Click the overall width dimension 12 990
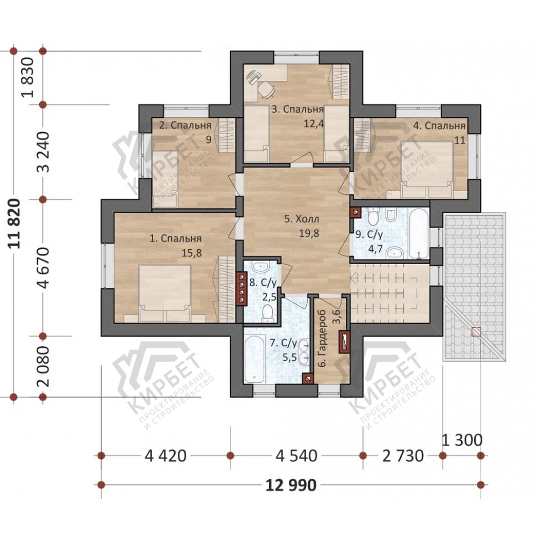coord(291,485)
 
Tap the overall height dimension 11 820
coord(16,223)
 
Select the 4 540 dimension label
coord(296,456)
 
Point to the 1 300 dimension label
coord(462,440)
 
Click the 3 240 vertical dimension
coord(45,152)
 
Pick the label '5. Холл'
coord(301,219)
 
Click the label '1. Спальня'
coord(176,238)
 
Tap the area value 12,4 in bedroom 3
coord(314,123)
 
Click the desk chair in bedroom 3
coord(266,89)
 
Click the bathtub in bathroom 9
coord(419,234)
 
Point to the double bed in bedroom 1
coord(165,293)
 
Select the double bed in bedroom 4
coord(427,169)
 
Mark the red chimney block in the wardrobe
coord(345,342)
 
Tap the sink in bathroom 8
coord(261,266)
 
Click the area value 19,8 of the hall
coord(309,234)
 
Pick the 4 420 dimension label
coord(165,456)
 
